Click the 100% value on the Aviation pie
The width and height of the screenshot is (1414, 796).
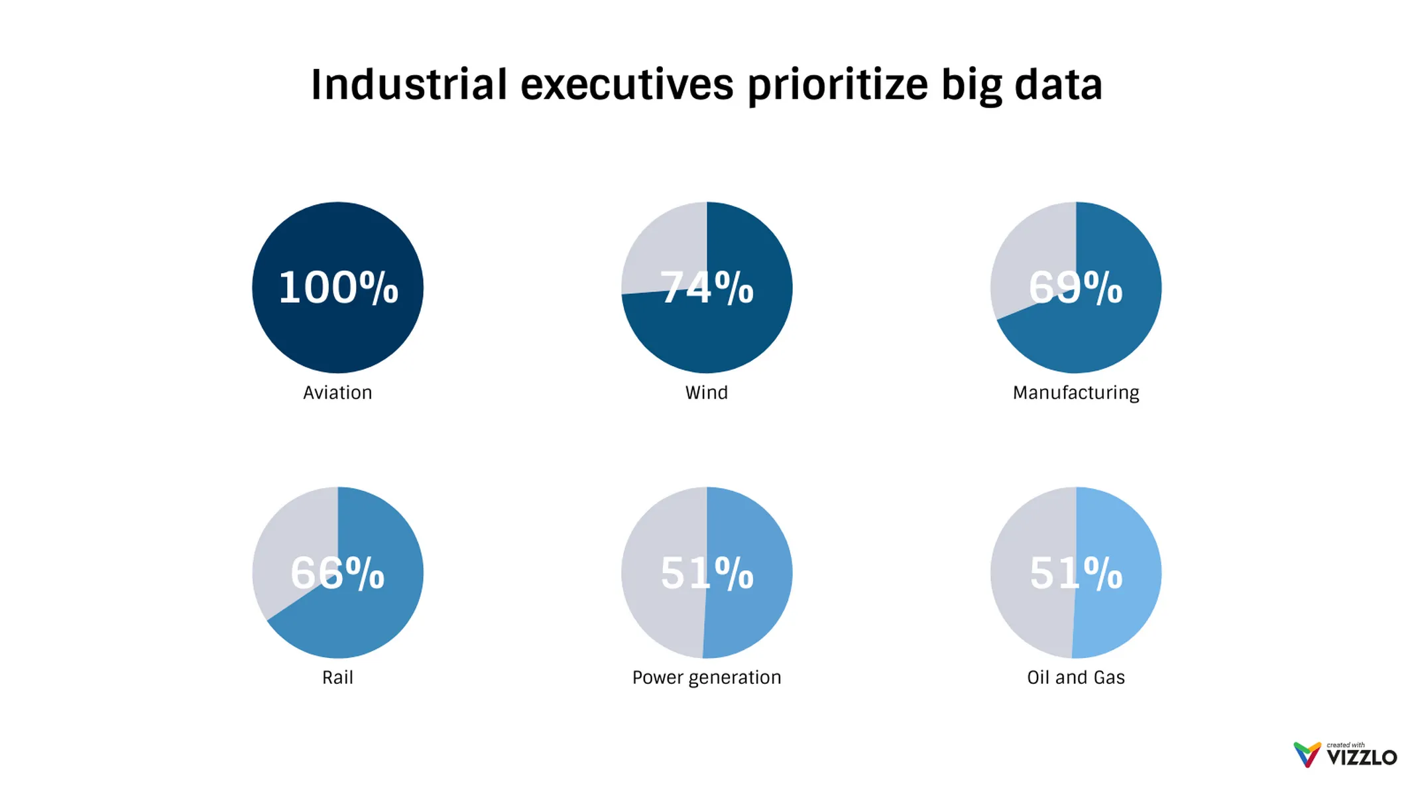click(338, 288)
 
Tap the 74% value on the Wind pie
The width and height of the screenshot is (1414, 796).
click(707, 288)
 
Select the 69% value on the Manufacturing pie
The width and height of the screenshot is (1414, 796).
click(1075, 288)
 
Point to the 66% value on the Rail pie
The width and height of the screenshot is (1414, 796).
click(337, 572)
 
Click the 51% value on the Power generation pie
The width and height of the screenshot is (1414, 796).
click(707, 572)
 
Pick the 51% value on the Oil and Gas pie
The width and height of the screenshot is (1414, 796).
click(1075, 572)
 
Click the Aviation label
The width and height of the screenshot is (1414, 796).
click(337, 393)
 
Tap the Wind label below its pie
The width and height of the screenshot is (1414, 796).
click(707, 393)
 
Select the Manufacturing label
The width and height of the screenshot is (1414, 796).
click(1075, 393)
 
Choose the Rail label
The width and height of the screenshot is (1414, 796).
click(337, 677)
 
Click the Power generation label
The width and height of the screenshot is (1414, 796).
click(707, 677)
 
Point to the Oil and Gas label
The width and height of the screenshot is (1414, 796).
click(1075, 677)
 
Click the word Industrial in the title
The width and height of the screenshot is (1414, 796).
click(409, 85)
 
